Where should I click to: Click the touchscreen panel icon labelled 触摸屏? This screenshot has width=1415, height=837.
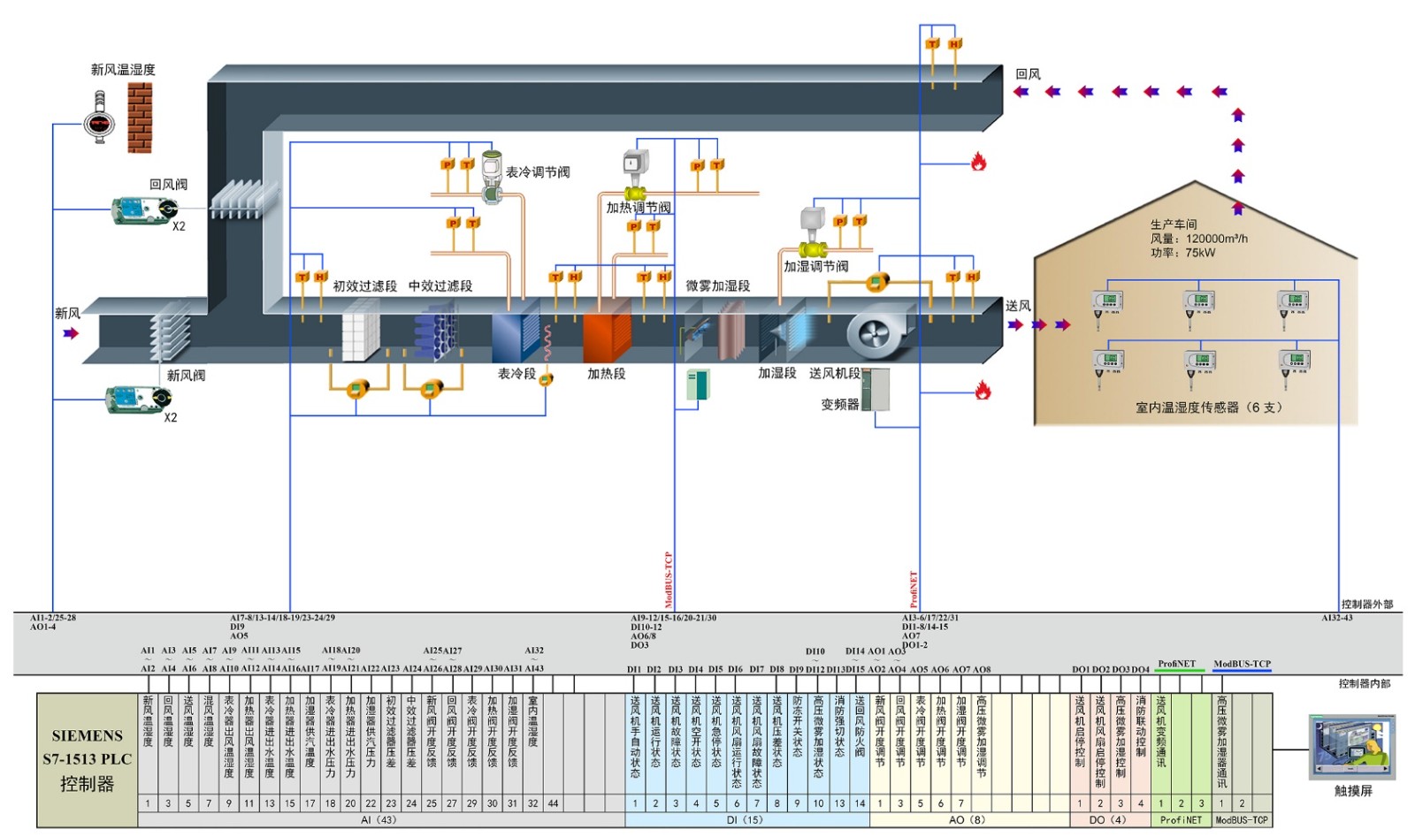tap(1352, 748)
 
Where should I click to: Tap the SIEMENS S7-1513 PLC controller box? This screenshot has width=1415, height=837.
tap(87, 759)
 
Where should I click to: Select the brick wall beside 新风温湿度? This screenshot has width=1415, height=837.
tap(140, 118)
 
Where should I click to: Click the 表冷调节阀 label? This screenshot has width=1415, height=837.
tap(538, 172)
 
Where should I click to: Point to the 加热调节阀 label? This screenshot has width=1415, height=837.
tap(638, 208)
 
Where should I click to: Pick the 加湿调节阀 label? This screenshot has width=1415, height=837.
tap(815, 266)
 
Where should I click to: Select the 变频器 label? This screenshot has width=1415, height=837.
tap(839, 404)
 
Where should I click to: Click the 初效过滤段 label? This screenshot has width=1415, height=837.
tap(364, 286)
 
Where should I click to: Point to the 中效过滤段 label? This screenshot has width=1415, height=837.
tap(440, 286)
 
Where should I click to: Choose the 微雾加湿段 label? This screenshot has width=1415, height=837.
tap(717, 286)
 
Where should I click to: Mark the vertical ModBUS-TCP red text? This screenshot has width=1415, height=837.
tap(669, 580)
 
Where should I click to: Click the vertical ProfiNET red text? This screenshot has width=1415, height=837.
tap(914, 590)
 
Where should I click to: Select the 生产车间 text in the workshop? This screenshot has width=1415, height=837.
tap(1174, 224)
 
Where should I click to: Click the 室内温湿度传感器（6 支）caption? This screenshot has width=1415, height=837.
tap(1208, 407)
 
